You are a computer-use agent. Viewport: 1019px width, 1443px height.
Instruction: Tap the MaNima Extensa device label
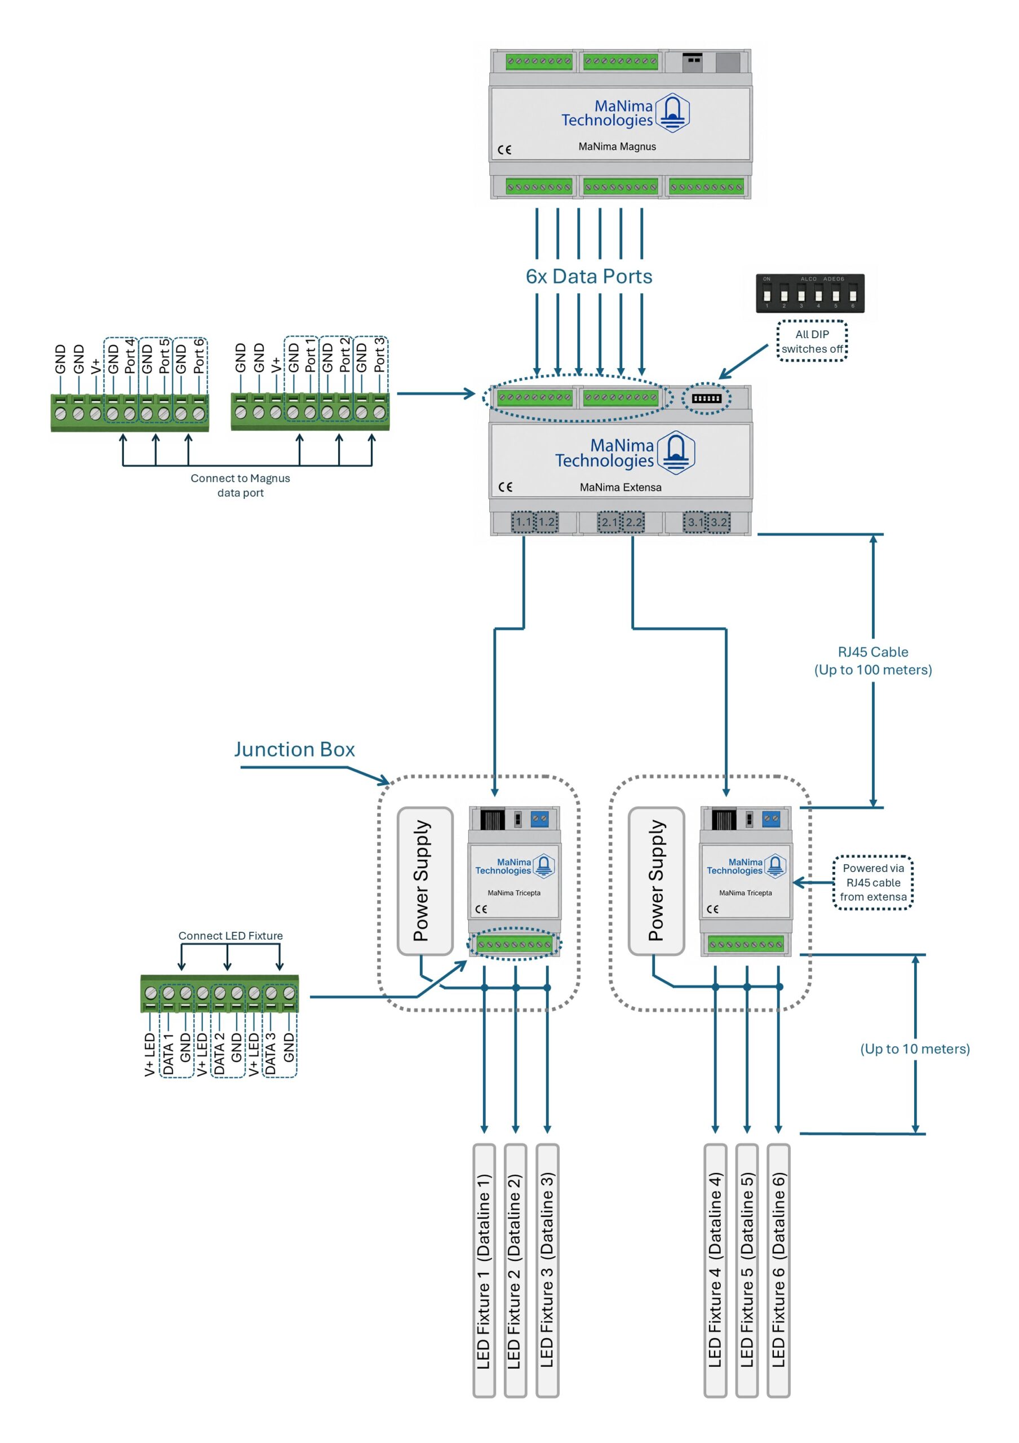click(x=620, y=487)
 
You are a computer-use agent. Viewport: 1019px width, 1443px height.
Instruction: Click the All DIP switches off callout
click(x=812, y=341)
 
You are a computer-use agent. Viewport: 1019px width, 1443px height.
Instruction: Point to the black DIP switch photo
click(x=810, y=293)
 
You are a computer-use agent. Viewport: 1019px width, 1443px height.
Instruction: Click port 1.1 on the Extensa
click(x=524, y=521)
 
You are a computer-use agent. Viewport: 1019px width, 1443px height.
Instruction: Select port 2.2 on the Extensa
click(x=633, y=521)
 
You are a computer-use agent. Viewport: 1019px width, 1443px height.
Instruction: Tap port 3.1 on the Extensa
click(x=695, y=521)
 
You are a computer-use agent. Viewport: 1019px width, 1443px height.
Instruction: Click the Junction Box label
click(x=294, y=749)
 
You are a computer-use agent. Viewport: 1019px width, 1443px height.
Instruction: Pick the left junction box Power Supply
click(x=426, y=880)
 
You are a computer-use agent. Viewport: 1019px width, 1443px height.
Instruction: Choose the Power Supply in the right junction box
click(x=657, y=880)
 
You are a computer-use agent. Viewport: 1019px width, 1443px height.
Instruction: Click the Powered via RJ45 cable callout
click(x=872, y=882)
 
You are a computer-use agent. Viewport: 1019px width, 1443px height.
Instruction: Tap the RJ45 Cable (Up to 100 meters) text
click(x=872, y=661)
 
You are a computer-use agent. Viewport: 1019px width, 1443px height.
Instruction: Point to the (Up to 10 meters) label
click(x=915, y=1048)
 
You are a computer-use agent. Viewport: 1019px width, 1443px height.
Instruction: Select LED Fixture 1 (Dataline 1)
click(x=484, y=1270)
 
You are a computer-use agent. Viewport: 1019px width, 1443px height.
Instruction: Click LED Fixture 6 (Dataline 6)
click(x=778, y=1270)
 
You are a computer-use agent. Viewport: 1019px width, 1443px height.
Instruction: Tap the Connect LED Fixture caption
click(x=231, y=936)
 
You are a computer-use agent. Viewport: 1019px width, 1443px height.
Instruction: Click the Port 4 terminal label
click(x=130, y=356)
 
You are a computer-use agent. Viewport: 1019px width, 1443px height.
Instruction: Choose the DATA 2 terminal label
click(x=219, y=1054)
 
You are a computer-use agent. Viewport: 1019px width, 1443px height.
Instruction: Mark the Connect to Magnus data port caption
click(x=241, y=485)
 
